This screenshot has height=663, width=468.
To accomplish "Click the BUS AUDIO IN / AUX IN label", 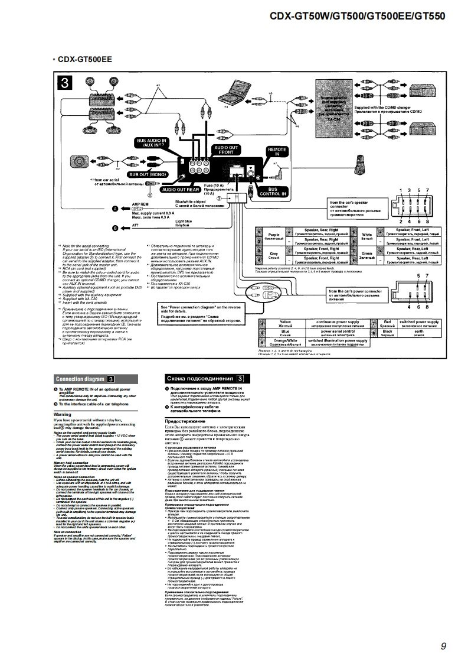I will [x=152, y=142].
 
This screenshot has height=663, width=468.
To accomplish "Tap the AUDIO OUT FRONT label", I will [x=227, y=149].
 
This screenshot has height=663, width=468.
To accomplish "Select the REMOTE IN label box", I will [x=277, y=152].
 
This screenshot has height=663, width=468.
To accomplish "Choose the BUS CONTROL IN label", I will [x=273, y=191].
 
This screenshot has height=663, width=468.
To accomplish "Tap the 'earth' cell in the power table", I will [x=418, y=333].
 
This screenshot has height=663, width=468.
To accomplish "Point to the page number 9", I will [x=443, y=646].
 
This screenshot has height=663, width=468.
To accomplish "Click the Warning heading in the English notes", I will [x=63, y=415].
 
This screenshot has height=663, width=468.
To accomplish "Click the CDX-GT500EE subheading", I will [x=83, y=60].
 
